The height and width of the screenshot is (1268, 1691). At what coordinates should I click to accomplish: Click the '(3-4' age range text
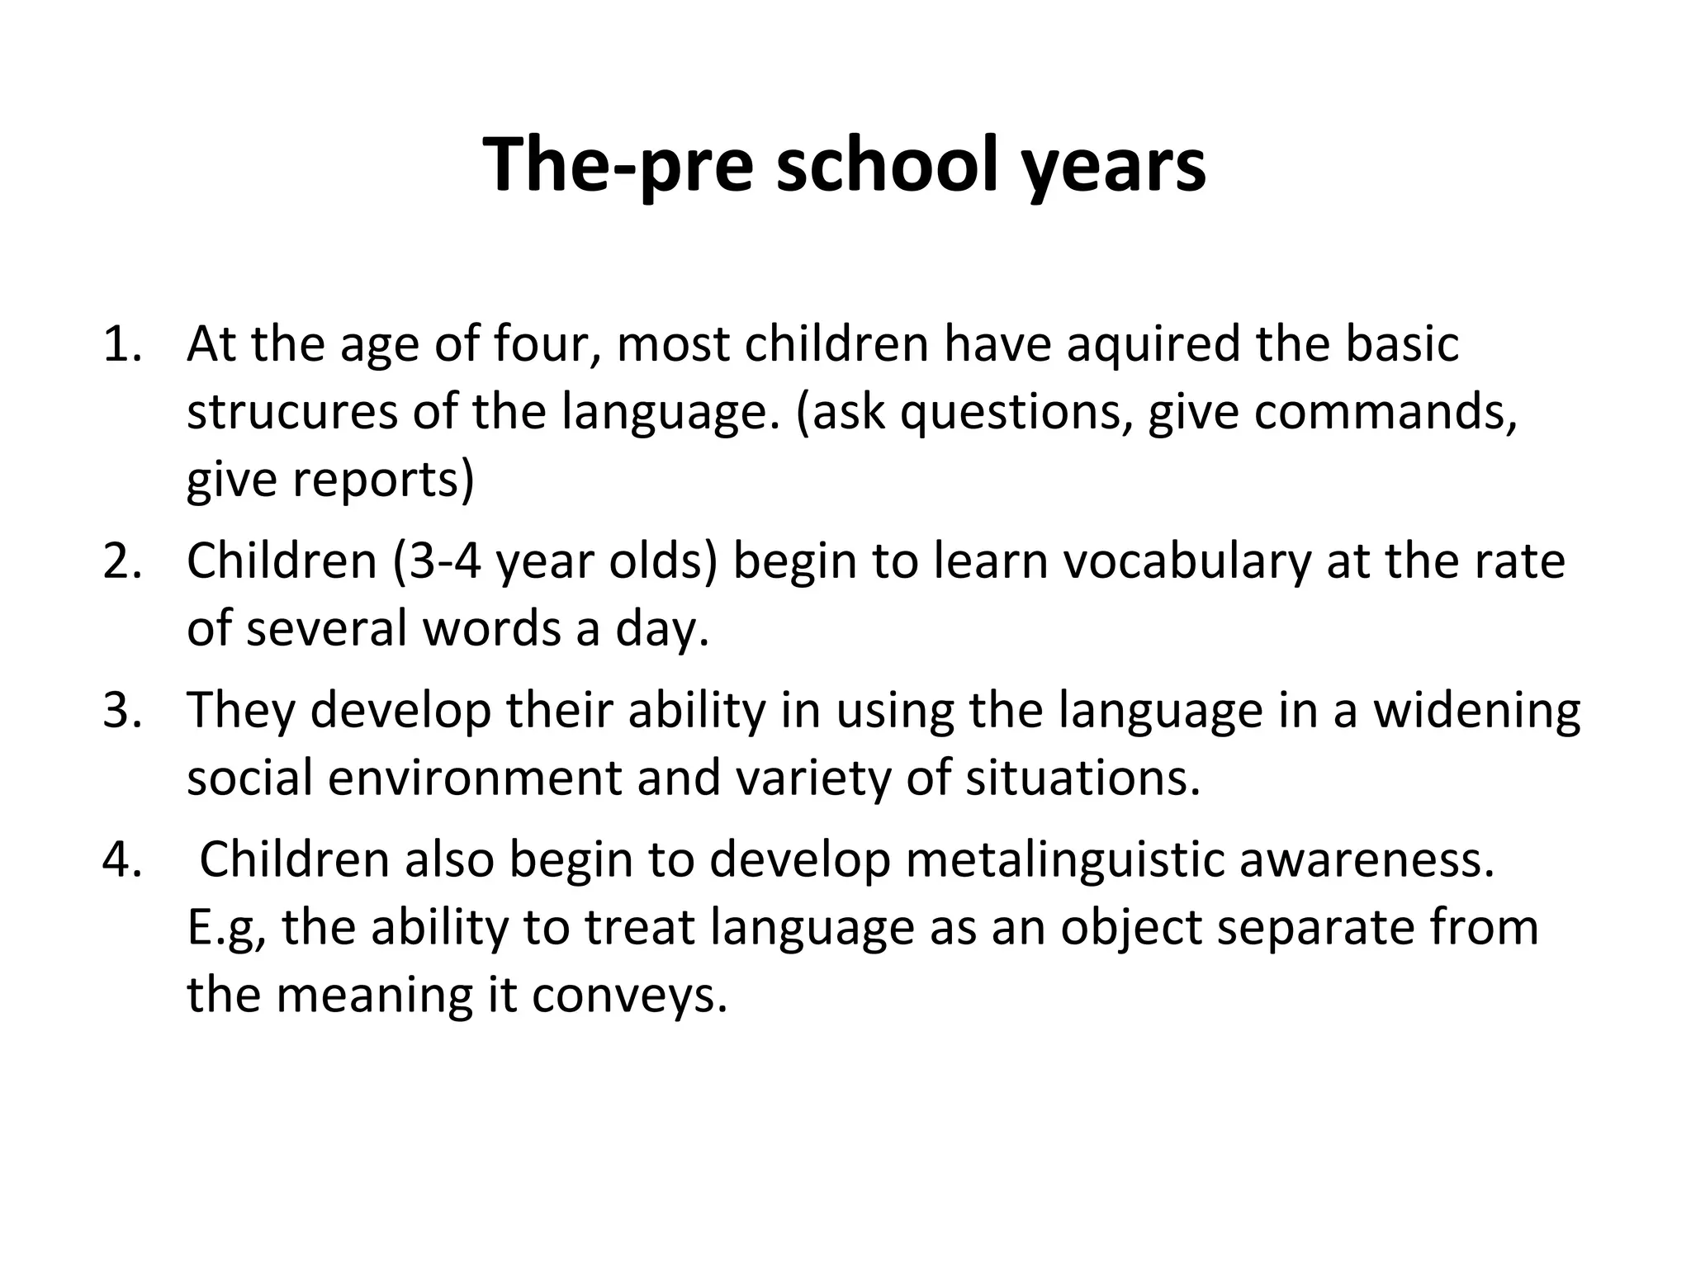point(437,561)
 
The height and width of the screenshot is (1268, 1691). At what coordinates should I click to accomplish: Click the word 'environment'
point(474,778)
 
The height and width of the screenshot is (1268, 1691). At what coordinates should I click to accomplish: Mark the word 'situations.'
point(1082,778)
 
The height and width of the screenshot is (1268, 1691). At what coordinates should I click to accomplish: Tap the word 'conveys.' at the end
point(630,996)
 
